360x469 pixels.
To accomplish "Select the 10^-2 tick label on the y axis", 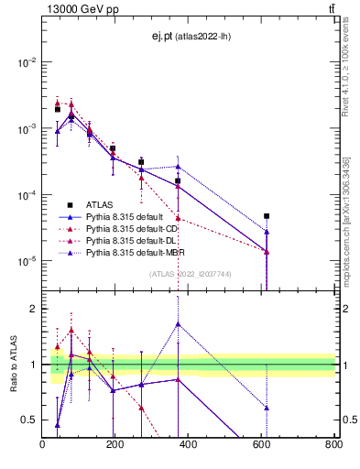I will tap(27, 62).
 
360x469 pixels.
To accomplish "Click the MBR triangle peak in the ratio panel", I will tap(178, 323).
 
